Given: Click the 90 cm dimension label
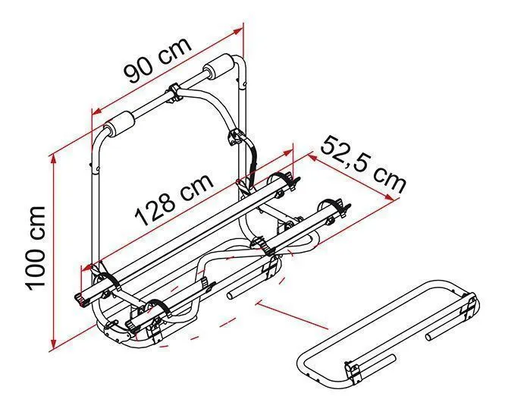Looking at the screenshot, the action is tap(158, 61).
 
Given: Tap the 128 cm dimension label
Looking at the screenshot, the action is tap(174, 200).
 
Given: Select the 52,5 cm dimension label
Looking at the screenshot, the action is tap(363, 165).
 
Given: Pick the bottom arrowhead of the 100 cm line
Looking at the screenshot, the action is tap(55, 342).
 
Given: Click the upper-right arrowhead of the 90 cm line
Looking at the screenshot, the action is tap(237, 31).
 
